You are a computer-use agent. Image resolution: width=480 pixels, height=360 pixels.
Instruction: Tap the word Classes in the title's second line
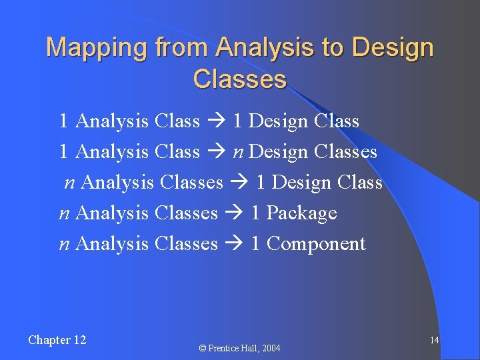pos(239,79)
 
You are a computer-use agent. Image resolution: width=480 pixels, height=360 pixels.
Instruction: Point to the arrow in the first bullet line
pos(216,121)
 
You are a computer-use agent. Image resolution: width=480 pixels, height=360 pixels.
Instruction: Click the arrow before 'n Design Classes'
pos(216,152)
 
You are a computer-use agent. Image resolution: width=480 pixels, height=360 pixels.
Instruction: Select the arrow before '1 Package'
pos(234,213)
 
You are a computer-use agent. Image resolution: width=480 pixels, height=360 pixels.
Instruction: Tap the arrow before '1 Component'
pos(234,244)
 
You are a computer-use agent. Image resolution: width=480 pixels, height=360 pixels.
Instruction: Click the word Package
pos(302,213)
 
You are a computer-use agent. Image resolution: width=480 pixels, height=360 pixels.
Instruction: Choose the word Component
pos(316,244)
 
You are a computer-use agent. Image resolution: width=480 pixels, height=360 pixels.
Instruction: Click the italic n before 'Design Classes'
pos(238,153)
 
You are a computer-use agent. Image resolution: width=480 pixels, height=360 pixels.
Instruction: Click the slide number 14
pos(434,341)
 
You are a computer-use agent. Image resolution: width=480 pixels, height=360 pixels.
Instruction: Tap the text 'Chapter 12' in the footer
pos(57,340)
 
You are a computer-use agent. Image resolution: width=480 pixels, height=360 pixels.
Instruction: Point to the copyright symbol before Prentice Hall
pos(203,348)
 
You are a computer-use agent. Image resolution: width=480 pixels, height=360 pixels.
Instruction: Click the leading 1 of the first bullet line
pos(63,121)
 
